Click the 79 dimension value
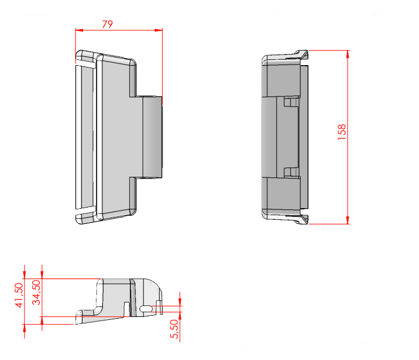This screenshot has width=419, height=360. coord(108,24)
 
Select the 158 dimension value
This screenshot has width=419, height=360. coord(342,132)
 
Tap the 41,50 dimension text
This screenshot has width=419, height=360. coord(19,295)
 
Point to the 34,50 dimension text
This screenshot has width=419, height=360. coord(36,293)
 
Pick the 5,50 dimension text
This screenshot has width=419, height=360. coord(174,329)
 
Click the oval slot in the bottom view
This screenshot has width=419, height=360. coord(146,309)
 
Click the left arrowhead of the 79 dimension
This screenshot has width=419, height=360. coord(79,30)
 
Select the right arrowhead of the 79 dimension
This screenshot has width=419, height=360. coord(159,30)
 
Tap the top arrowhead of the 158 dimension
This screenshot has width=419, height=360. coord(348,54)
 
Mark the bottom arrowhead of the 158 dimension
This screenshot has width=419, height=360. coord(348,220)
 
